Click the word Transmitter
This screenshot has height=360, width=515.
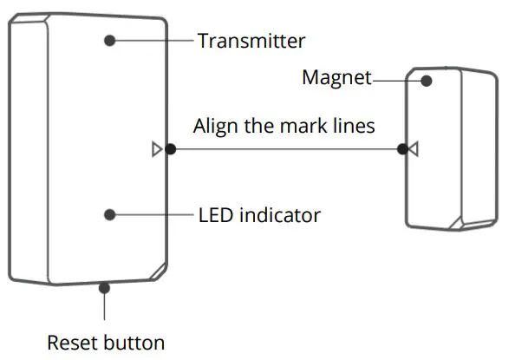pyautogui.click(x=251, y=41)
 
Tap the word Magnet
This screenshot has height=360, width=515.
pyautogui.click(x=336, y=78)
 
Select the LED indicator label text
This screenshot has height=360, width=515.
pyautogui.click(x=259, y=214)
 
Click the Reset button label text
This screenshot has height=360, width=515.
pyautogui.click(x=105, y=342)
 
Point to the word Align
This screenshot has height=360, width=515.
pyautogui.click(x=215, y=126)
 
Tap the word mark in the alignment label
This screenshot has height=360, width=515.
pyautogui.click(x=302, y=126)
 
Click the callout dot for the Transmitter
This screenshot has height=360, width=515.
pyautogui.click(x=110, y=40)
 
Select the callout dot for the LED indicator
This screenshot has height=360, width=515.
pyautogui.click(x=110, y=214)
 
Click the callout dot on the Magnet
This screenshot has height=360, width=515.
pyautogui.click(x=426, y=81)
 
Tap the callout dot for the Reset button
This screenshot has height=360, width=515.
pyautogui.click(x=105, y=285)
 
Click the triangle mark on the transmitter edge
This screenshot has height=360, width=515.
pyautogui.click(x=156, y=149)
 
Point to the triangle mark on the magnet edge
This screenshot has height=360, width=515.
pyautogui.click(x=414, y=149)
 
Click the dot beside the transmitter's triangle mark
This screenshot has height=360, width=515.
pyautogui.click(x=171, y=149)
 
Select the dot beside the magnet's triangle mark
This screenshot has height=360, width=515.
pyautogui.click(x=401, y=149)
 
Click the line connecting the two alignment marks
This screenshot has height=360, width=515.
pyautogui.click(x=286, y=149)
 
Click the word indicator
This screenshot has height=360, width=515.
pyautogui.click(x=279, y=214)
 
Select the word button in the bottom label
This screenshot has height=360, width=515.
pyautogui.click(x=135, y=342)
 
